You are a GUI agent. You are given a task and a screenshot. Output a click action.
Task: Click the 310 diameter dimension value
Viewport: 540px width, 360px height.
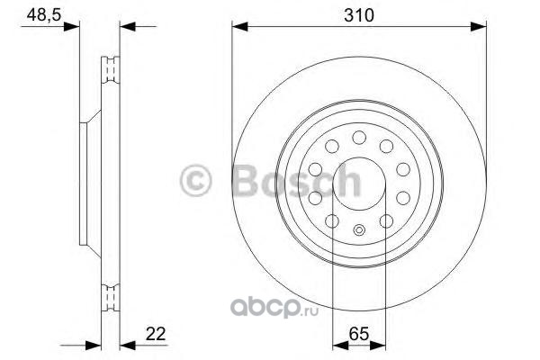(x=358, y=15)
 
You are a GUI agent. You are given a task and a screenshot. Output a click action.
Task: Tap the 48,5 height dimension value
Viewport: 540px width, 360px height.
(x=44, y=14)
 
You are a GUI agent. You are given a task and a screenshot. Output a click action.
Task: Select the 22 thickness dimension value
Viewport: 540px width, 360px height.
(x=156, y=334)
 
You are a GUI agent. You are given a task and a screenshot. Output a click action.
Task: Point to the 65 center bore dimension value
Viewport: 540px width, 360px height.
(x=359, y=334)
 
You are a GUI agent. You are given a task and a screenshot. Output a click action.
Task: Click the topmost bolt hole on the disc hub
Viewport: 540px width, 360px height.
(x=359, y=138)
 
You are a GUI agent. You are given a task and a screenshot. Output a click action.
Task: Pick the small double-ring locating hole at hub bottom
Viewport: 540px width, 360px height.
(x=359, y=229)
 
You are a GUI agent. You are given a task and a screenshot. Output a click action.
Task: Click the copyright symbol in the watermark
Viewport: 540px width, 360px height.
(x=195, y=181)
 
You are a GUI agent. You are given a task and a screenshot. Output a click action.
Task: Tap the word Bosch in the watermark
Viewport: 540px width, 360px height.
(x=297, y=181)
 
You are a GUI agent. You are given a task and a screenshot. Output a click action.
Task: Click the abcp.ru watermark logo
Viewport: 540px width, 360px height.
(x=274, y=307)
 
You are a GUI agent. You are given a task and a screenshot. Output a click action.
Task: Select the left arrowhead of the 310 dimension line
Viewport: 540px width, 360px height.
(x=240, y=26)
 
